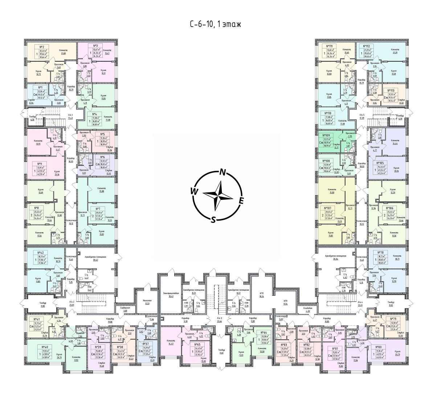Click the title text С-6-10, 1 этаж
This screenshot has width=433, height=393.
pyautogui.click(x=216, y=24)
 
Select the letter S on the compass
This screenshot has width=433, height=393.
pyautogui.click(x=214, y=219)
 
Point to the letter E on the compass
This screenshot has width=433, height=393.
pyautogui.click(x=241, y=200)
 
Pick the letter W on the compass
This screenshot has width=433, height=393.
pyautogui.click(x=195, y=191)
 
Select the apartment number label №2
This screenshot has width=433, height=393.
pyautogui.click(x=41, y=46)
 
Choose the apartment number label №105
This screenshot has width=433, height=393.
pyautogui.click(x=380, y=164)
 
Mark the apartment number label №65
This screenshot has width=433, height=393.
pyautogui.click(x=197, y=345)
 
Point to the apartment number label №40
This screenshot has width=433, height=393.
pyautogui.click(x=36, y=347)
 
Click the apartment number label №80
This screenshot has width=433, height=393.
pyautogui.click(x=379, y=347)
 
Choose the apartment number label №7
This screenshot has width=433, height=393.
pyautogui.click(x=98, y=209)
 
